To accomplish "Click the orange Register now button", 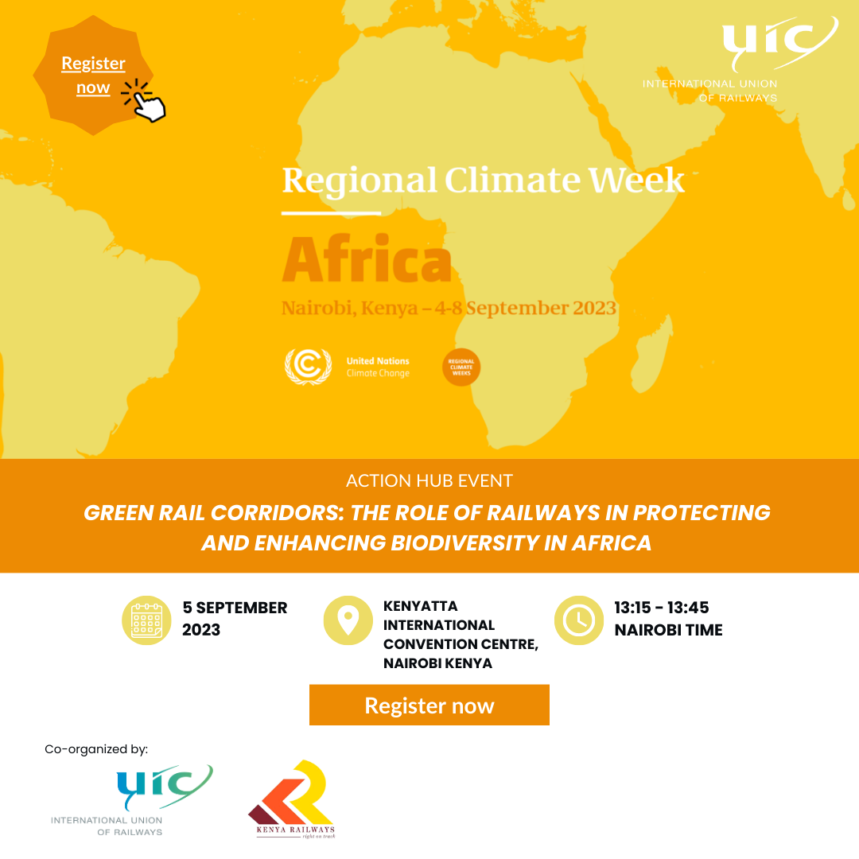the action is pyautogui.click(x=429, y=705).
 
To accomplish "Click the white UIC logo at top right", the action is pyautogui.click(x=740, y=59).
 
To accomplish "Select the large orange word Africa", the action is pyautogui.click(x=367, y=258).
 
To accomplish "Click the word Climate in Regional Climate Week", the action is pyautogui.click(x=511, y=180).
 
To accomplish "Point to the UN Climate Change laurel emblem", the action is pyautogui.click(x=308, y=367).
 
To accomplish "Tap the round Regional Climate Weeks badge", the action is pyautogui.click(x=461, y=367).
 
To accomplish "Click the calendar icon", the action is pyautogui.click(x=146, y=620).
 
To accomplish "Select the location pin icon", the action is pyautogui.click(x=348, y=620).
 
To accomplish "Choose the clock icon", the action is pyautogui.click(x=579, y=620).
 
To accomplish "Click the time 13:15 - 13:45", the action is pyautogui.click(x=661, y=608).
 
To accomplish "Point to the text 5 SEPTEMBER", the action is pyautogui.click(x=235, y=608).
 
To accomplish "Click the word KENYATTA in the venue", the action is pyautogui.click(x=420, y=606).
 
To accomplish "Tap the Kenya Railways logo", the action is pyautogui.click(x=292, y=799).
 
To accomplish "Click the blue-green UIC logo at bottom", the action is pyautogui.click(x=131, y=800).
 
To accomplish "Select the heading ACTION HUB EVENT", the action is pyautogui.click(x=429, y=480).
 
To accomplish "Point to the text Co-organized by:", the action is pyautogui.click(x=96, y=749).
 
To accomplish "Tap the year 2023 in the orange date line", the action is pyautogui.click(x=594, y=308).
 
